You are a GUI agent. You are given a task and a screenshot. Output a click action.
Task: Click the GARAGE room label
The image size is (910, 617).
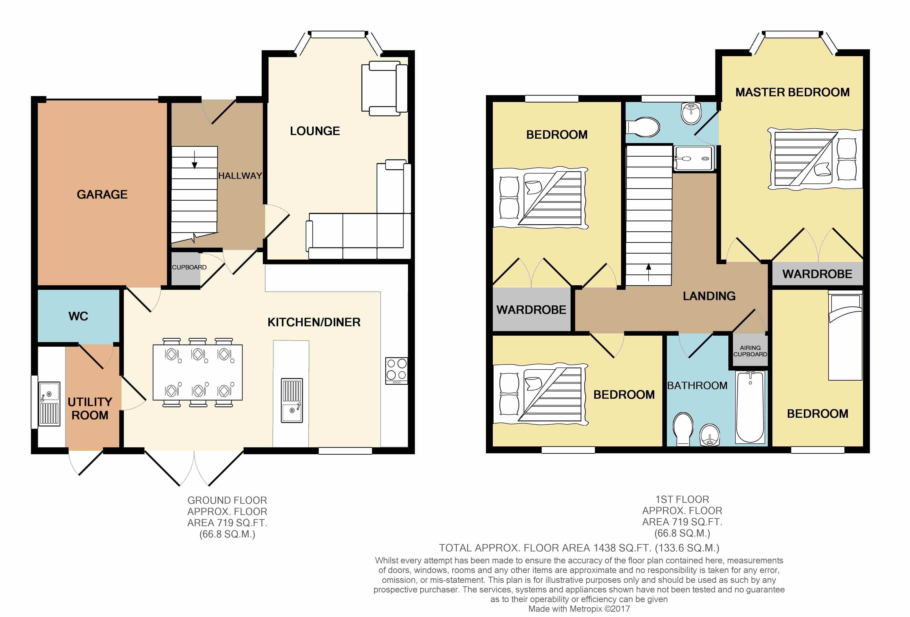tap(102, 195)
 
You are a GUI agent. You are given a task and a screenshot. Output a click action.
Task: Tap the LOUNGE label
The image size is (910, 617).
tap(315, 131)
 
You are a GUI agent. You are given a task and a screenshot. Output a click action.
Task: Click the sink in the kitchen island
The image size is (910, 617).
tap(292, 400)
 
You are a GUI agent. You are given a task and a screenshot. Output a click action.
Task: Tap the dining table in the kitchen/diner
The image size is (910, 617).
tap(198, 372)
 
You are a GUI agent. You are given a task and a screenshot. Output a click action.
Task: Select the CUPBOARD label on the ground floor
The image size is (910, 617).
tap(189, 267)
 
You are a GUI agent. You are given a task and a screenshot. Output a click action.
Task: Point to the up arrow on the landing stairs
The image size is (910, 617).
tap(648, 272)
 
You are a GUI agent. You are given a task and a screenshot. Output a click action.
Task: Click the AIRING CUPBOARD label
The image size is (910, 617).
tap(750, 351)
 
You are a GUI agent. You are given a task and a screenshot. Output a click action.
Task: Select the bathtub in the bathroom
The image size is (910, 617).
tap(750, 407)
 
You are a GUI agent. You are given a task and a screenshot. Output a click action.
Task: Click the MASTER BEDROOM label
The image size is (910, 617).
tap(793, 92)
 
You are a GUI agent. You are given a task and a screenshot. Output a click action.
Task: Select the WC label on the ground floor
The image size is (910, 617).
tap(78, 316)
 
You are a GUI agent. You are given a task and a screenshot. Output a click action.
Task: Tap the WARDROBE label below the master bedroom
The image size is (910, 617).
tap(817, 274)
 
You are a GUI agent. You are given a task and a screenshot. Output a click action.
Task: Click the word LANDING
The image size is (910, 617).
tap(709, 296)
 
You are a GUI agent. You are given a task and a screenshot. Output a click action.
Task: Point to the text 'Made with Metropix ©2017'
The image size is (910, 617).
tap(579, 609)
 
